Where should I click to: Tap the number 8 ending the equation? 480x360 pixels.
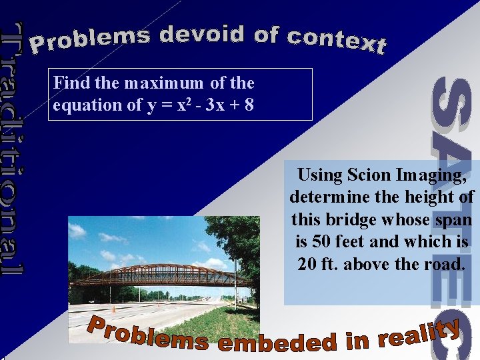[248, 105]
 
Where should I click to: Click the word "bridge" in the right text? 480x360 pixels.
[355, 219]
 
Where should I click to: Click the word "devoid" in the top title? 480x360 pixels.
[202, 34]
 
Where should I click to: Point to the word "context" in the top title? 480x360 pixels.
[336, 40]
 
